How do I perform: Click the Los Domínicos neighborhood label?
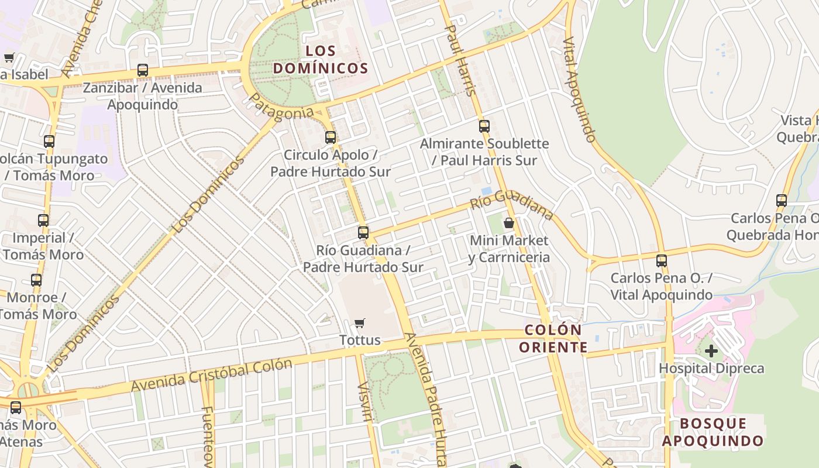pyautogui.click(x=321, y=59)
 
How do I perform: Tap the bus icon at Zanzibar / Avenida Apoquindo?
pyautogui.click(x=142, y=70)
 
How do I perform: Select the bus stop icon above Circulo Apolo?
pyautogui.click(x=331, y=137)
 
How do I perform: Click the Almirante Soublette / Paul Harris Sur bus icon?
pyautogui.click(x=484, y=126)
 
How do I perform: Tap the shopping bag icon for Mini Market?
pyautogui.click(x=509, y=223)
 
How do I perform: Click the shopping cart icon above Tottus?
pyautogui.click(x=360, y=323)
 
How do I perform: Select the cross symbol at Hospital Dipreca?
pyautogui.click(x=711, y=351)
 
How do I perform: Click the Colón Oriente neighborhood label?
pyautogui.click(x=553, y=339)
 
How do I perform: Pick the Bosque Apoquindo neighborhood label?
pyautogui.click(x=713, y=432)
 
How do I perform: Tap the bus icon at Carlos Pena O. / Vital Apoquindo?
pyautogui.click(x=662, y=260)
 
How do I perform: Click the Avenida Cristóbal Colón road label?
pyautogui.click(x=211, y=375)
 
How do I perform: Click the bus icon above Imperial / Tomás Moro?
pyautogui.click(x=43, y=221)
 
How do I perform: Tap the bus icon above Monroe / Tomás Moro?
pyautogui.click(x=36, y=280)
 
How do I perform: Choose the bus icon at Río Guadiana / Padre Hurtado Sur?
pyautogui.click(x=363, y=232)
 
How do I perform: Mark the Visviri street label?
pyautogui.click(x=365, y=402)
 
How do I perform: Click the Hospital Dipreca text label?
pyautogui.click(x=711, y=369)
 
